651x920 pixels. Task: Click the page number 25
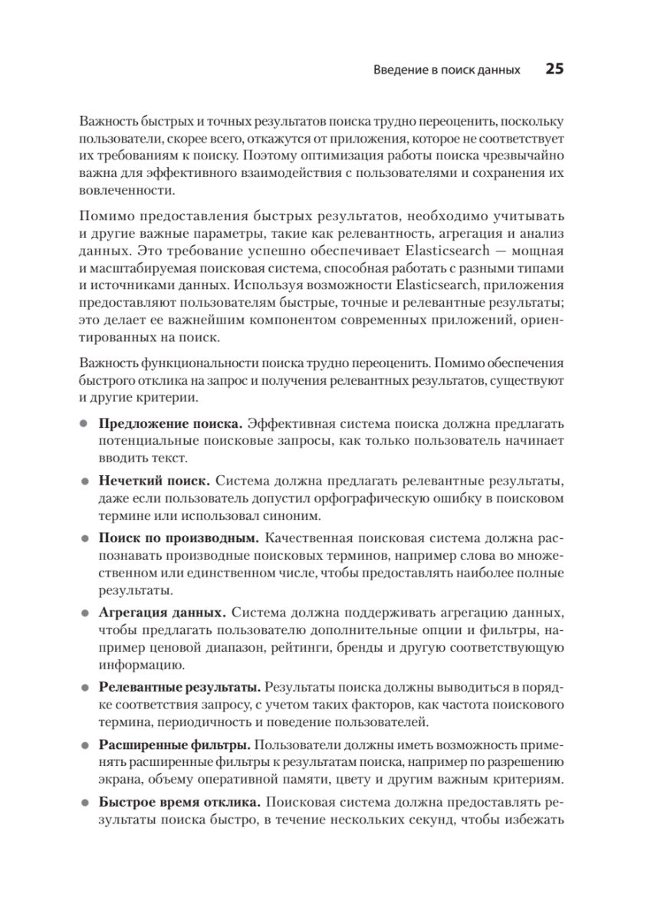coord(554,69)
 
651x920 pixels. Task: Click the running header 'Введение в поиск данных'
coord(447,70)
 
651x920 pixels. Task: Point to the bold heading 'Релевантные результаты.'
coord(180,687)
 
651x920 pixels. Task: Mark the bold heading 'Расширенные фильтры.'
coord(174,744)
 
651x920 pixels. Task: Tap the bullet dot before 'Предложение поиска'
coord(84,424)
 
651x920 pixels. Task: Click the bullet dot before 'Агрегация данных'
coord(84,614)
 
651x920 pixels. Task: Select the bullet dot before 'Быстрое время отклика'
coord(84,803)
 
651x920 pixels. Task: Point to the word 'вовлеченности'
coord(126,191)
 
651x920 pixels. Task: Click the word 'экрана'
coord(120,780)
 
